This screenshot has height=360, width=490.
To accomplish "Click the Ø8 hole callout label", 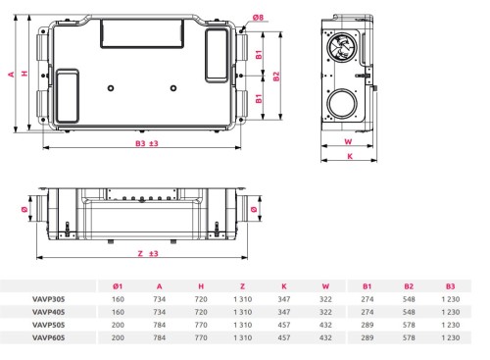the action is click(x=258, y=17).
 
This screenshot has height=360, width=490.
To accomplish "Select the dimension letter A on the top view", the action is click(x=12, y=75).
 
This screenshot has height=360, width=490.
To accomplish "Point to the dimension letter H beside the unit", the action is click(x=24, y=74).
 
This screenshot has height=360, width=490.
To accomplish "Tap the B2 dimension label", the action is click(x=276, y=77).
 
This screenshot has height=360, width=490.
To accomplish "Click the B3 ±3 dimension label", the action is click(x=147, y=143).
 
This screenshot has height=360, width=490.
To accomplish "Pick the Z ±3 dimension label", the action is click(x=148, y=253).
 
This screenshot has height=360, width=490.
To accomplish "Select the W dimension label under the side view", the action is click(x=348, y=141).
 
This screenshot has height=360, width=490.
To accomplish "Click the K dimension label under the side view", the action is click(x=350, y=156).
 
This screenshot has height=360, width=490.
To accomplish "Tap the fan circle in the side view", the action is click(x=342, y=47).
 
